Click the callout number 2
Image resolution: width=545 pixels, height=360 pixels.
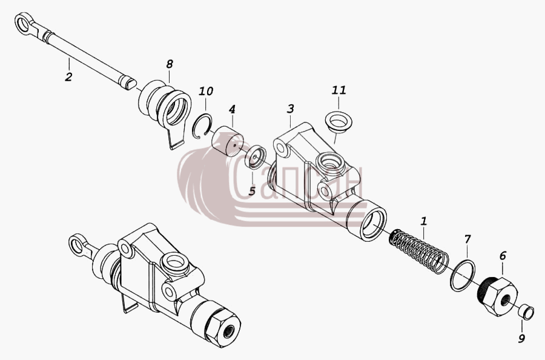[x=68, y=76]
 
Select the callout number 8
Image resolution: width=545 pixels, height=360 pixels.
[x=170, y=64]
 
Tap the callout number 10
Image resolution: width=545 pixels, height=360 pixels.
[x=206, y=91]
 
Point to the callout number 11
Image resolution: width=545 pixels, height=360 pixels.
[x=339, y=90]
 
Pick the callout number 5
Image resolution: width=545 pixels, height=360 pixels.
[x=252, y=191]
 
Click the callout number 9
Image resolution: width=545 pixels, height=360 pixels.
[x=521, y=338]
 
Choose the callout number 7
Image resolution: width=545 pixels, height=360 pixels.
[x=467, y=239]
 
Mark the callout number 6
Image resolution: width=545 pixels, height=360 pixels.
[x=503, y=256]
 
